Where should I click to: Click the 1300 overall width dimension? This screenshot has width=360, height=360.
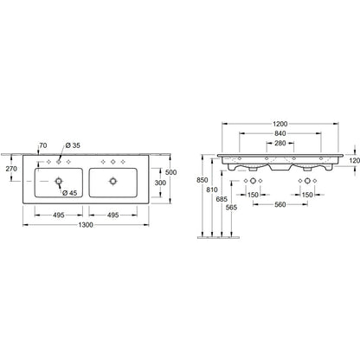click(x=86, y=225)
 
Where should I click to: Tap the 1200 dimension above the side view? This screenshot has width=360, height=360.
click(x=280, y=124)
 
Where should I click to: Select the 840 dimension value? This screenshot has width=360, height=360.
click(x=280, y=133)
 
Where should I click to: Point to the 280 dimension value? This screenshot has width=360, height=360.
click(x=280, y=143)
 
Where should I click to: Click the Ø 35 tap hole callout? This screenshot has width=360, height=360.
click(x=73, y=145)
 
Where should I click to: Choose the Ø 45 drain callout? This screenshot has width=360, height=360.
click(x=70, y=193)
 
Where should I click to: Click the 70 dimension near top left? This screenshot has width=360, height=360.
click(x=43, y=145)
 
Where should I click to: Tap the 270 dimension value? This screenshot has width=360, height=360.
click(x=11, y=169)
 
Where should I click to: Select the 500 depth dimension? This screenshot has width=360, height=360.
click(x=170, y=172)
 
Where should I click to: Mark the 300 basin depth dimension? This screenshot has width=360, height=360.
click(x=160, y=183)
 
